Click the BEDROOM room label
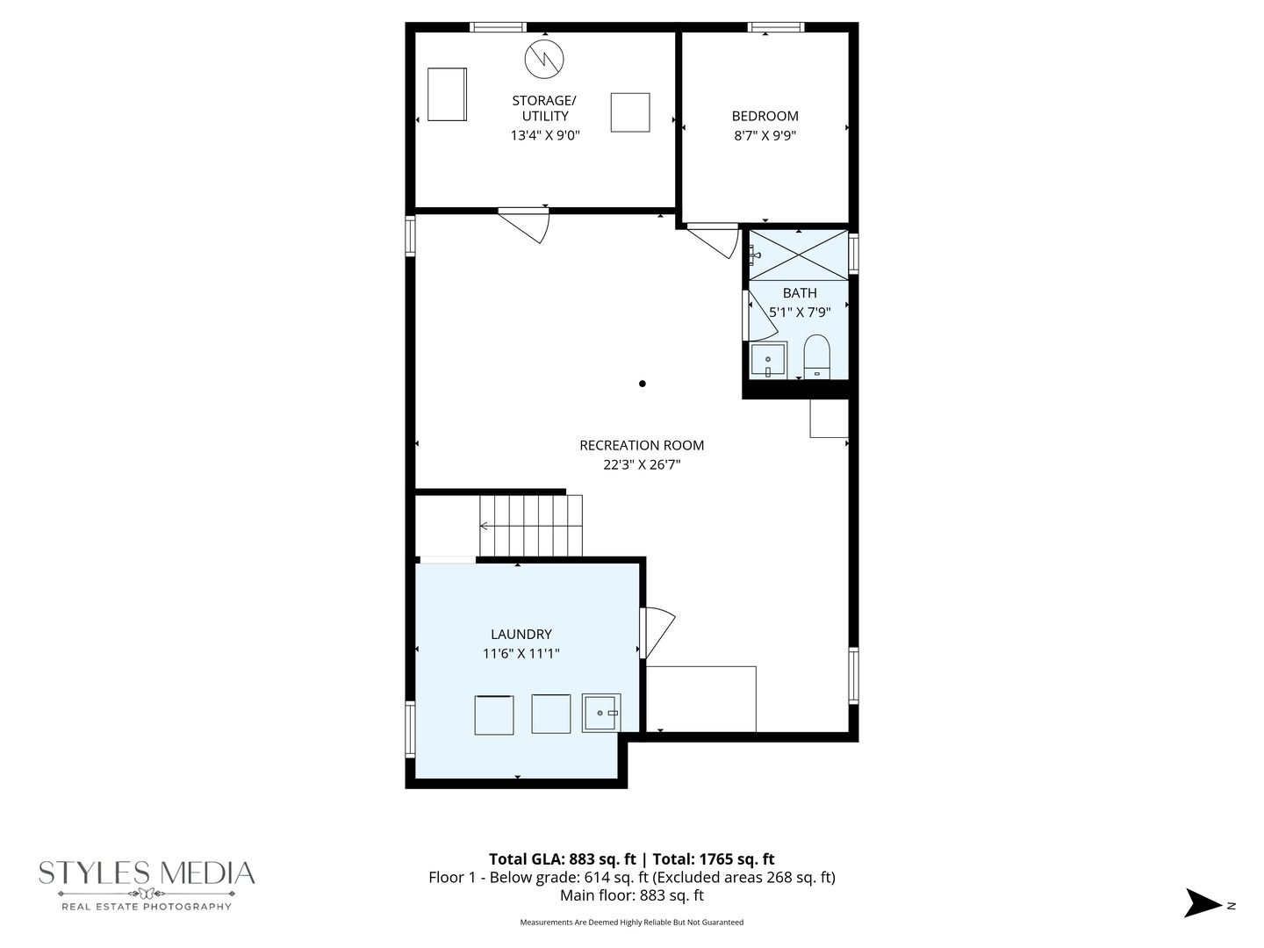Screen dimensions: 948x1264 pos(765,116)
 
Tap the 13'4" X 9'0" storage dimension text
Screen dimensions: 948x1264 pos(545,135)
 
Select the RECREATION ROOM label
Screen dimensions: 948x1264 pos(642,445)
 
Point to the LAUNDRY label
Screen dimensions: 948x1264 pos(521,634)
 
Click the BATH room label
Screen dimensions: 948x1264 pos(799,293)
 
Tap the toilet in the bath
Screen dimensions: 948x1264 pos(816,356)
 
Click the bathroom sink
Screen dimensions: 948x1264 pos(767,361)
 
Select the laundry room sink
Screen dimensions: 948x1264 pos(600,713)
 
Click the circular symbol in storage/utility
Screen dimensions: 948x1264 pos(544,58)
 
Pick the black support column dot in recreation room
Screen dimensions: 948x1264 pos(643,384)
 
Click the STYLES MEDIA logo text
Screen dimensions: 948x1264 pos(147,873)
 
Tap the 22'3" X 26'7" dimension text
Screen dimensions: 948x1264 pos(642,464)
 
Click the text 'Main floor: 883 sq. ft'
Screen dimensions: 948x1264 pos(631,896)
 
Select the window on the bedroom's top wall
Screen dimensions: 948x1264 pos(775,27)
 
